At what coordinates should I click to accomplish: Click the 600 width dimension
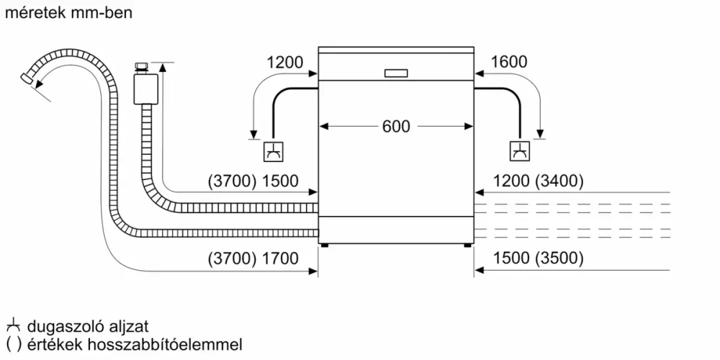click(396, 126)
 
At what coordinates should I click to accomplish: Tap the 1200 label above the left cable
click(285, 63)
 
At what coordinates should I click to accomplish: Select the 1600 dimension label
click(509, 63)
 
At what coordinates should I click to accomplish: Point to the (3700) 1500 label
click(252, 181)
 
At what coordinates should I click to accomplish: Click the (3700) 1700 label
click(252, 258)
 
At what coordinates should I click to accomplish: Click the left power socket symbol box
click(274, 151)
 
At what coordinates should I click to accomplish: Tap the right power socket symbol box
click(519, 151)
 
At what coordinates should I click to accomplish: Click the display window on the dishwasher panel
click(396, 73)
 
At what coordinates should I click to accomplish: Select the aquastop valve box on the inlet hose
click(146, 90)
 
